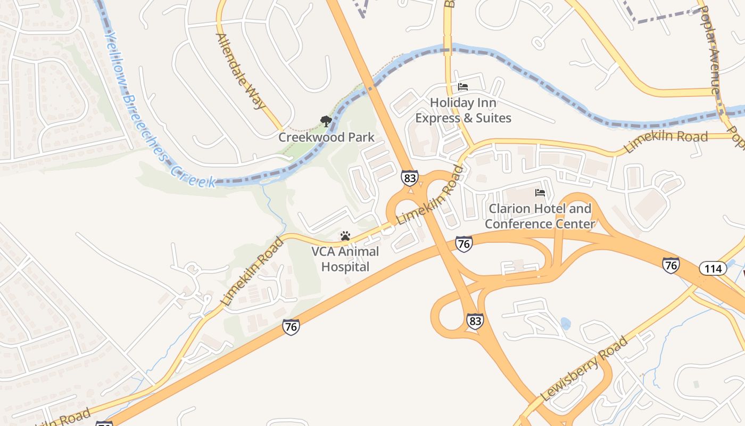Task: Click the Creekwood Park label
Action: click(326, 137)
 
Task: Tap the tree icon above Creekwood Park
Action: click(326, 122)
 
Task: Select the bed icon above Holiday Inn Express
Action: click(463, 87)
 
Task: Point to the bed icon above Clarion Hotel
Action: click(540, 193)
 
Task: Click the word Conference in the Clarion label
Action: click(520, 224)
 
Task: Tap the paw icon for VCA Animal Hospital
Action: click(345, 236)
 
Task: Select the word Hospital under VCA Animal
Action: click(345, 266)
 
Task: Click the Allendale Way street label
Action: click(241, 70)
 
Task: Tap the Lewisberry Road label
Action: click(584, 369)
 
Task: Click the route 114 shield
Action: click(713, 268)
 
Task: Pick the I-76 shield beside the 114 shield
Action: click(670, 265)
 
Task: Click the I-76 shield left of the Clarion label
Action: click(464, 244)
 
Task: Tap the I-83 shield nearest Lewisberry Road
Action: click(475, 321)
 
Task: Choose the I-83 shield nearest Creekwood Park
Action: click(409, 178)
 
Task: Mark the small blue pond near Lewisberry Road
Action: click(565, 323)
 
